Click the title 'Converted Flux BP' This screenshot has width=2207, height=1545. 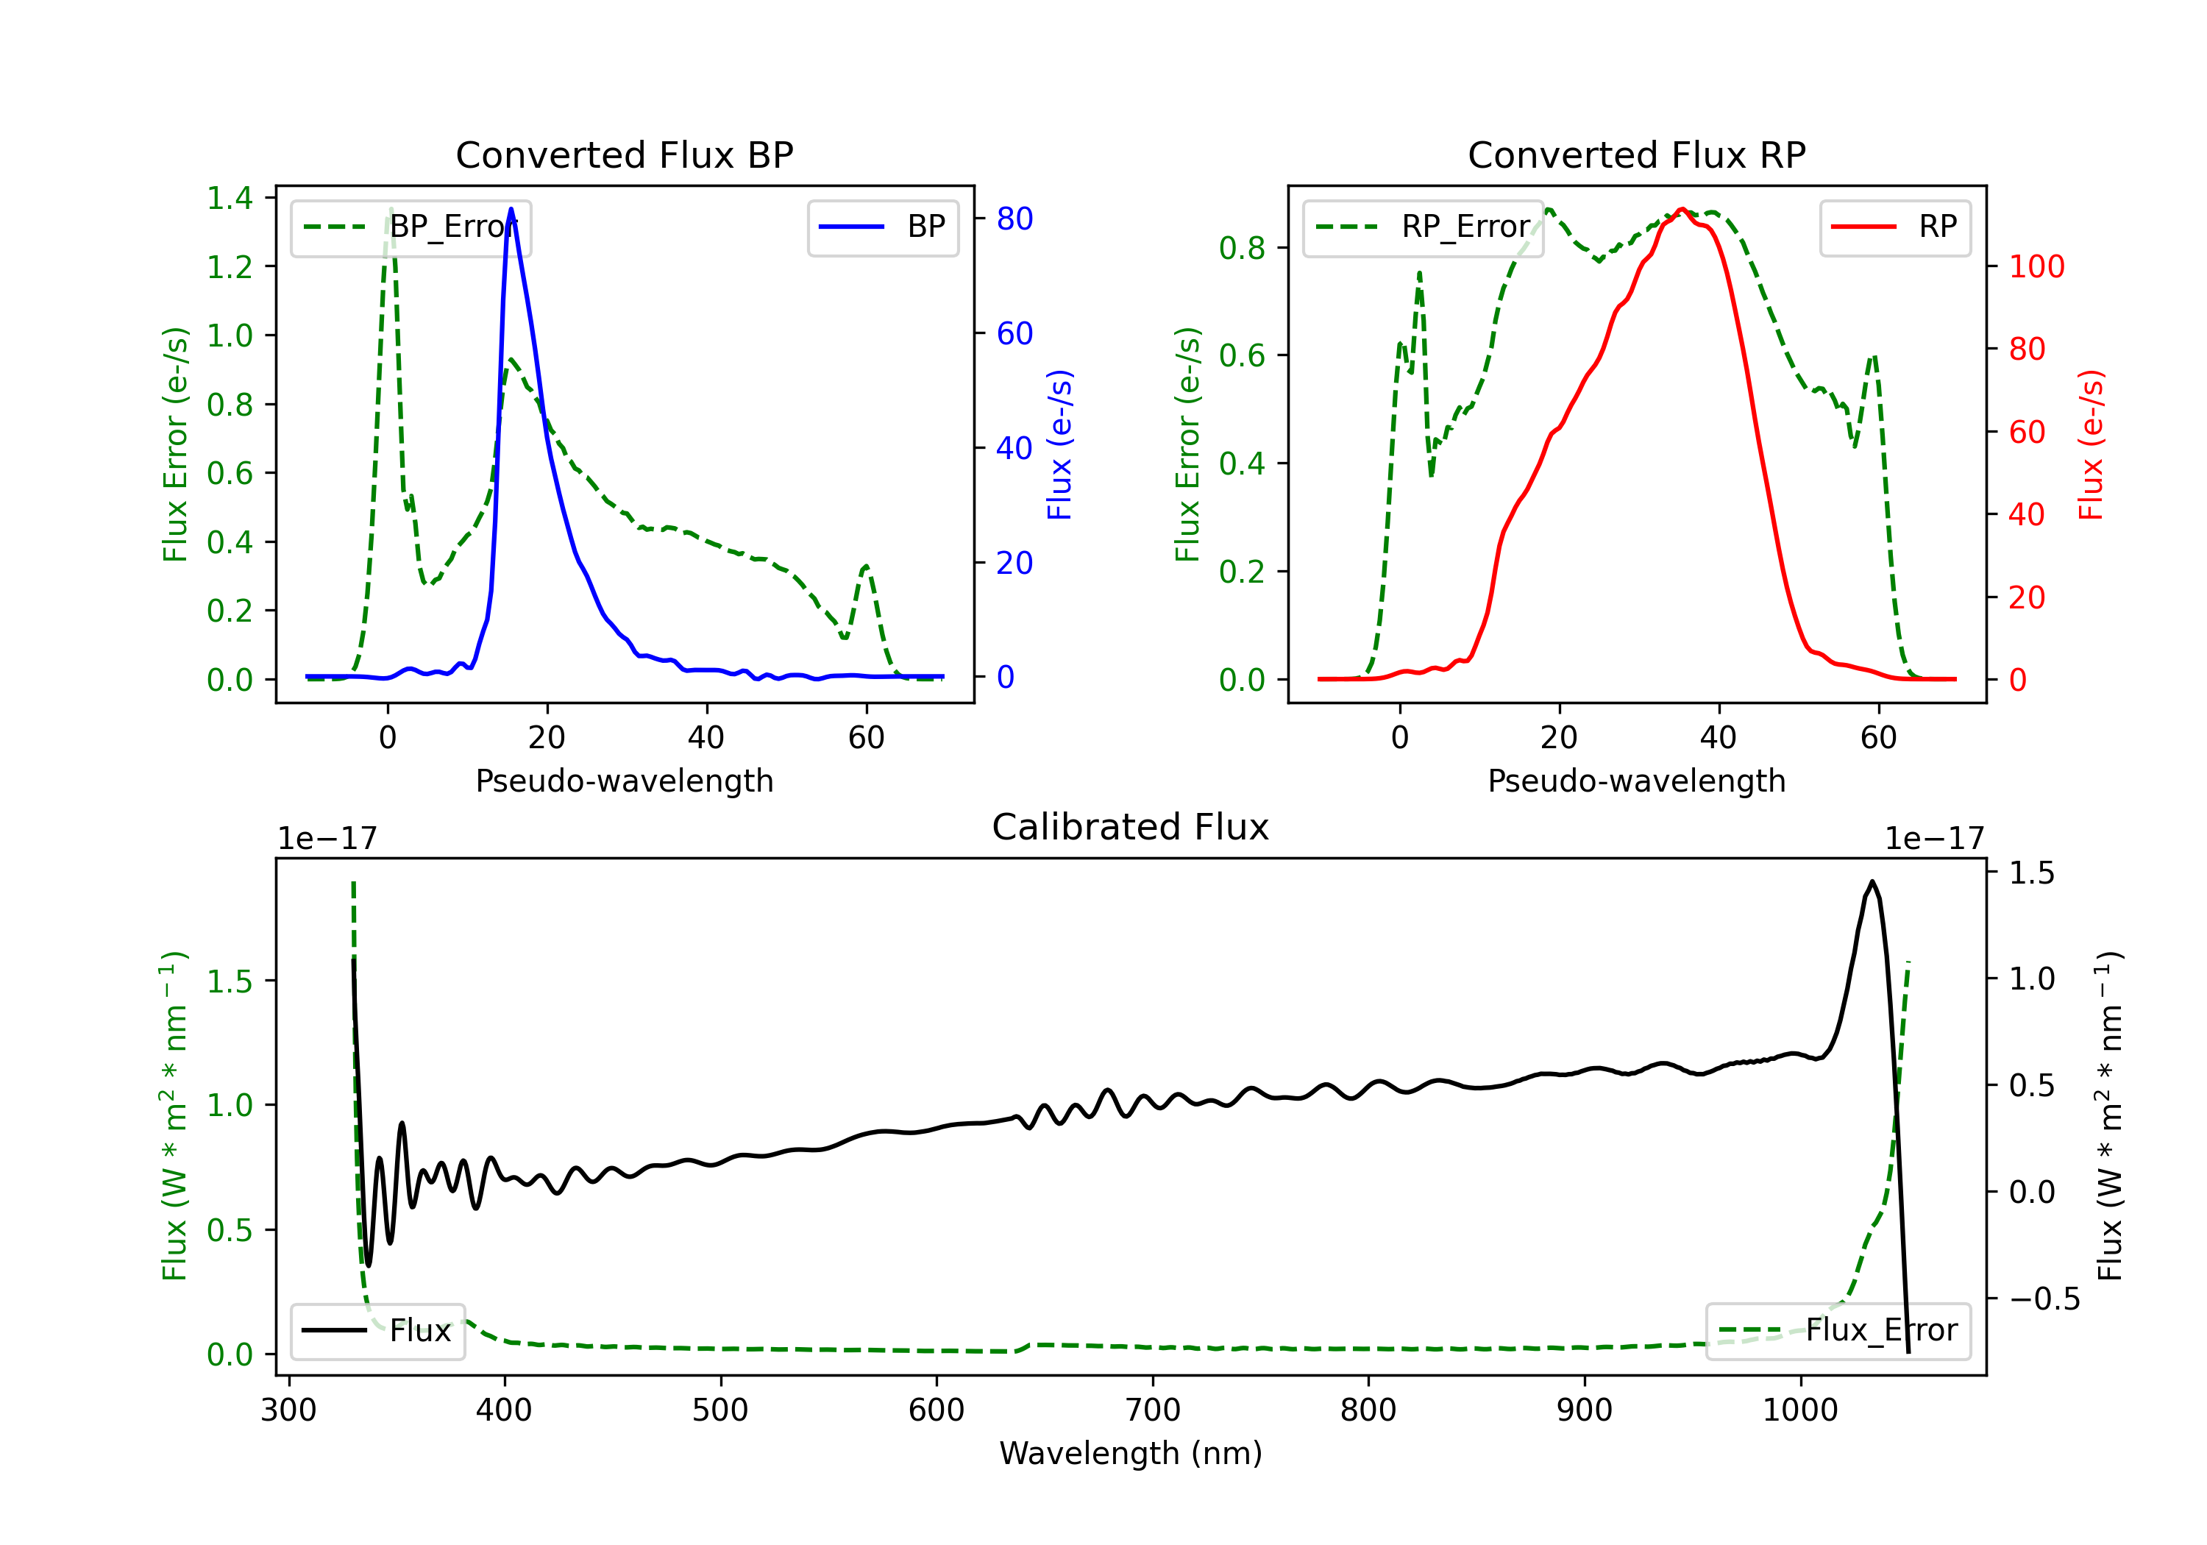(x=624, y=154)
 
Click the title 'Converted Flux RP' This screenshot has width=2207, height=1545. (x=1636, y=154)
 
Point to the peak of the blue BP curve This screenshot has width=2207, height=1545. (x=511, y=209)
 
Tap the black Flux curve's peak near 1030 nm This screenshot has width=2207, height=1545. (x=1872, y=881)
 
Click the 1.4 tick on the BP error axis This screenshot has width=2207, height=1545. (x=230, y=198)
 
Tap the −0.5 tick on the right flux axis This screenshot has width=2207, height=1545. (x=2044, y=1299)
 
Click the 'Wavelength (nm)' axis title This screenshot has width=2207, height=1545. (x=1131, y=1453)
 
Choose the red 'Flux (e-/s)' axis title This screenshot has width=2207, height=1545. (x=2091, y=444)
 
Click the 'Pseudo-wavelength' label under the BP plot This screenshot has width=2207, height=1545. (x=624, y=781)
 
